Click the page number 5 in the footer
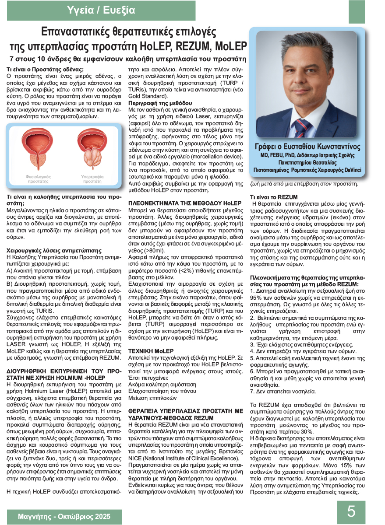[x=351, y=511]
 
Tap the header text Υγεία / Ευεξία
[x=102, y=10]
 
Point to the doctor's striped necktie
[x=301, y=125]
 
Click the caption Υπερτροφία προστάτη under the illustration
[x=92, y=179]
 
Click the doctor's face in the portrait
[x=302, y=81]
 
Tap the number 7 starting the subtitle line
[x=12, y=59]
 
